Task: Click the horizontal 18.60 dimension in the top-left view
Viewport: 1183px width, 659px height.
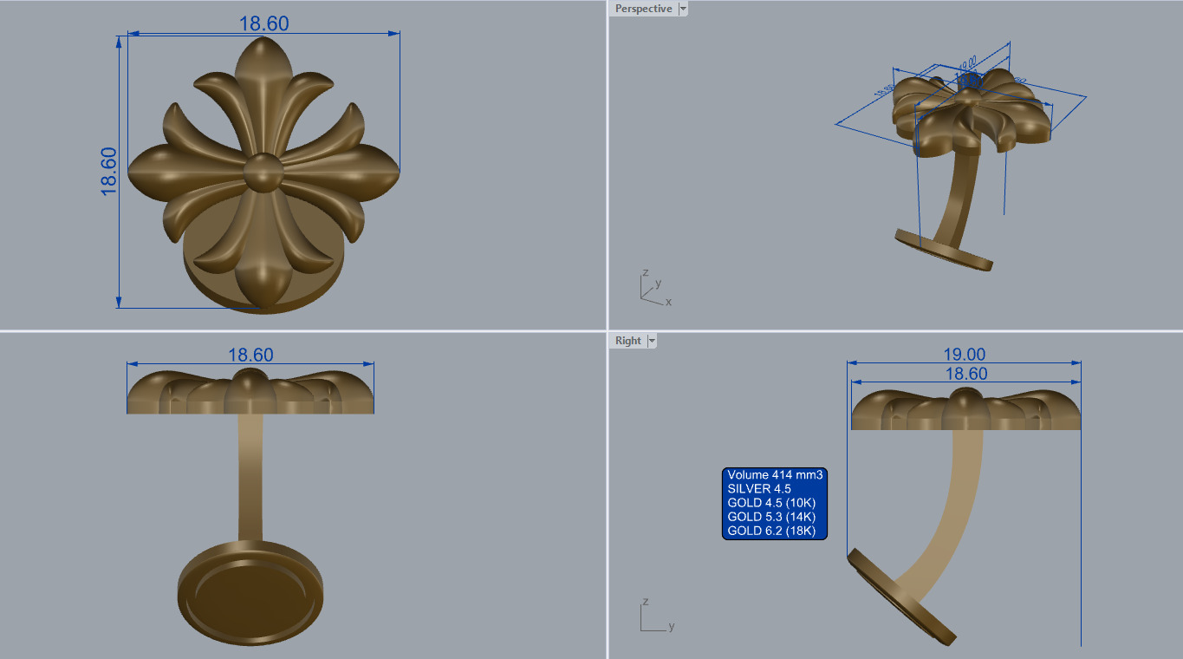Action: [x=263, y=24]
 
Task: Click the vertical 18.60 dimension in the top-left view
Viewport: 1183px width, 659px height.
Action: [x=109, y=171]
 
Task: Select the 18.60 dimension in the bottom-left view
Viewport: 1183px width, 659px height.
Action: [x=250, y=355]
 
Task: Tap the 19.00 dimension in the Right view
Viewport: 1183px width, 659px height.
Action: [x=964, y=355]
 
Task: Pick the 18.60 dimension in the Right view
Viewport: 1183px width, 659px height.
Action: [x=964, y=374]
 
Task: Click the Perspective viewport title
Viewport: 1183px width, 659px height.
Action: [x=643, y=9]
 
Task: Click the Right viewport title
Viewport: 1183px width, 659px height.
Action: [x=628, y=341]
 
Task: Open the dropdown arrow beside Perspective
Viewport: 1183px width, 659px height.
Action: [x=683, y=9]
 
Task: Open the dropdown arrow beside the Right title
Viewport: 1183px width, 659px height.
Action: [x=652, y=341]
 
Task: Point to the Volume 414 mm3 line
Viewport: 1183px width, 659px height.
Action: [x=774, y=475]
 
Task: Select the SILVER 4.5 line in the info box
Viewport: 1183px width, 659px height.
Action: [x=759, y=489]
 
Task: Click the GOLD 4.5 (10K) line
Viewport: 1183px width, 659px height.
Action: [x=771, y=503]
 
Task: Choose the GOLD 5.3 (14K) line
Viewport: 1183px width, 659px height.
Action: [x=771, y=517]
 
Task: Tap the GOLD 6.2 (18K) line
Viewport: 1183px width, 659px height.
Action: [x=771, y=531]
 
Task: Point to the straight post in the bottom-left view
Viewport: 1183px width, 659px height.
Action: [x=250, y=477]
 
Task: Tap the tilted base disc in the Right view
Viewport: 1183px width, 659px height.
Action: [x=901, y=598]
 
